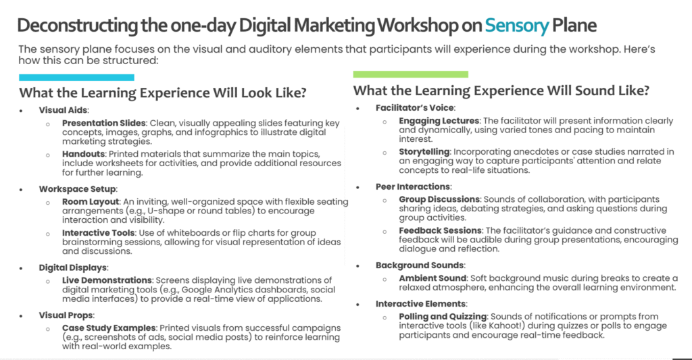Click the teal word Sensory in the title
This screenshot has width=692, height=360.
[517, 26]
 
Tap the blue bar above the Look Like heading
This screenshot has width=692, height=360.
[76, 78]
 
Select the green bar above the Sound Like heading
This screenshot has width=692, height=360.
[410, 74]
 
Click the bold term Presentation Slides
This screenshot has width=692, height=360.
[103, 123]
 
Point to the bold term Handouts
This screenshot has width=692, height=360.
[83, 154]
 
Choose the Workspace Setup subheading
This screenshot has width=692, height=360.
[77, 189]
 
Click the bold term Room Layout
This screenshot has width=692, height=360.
[91, 202]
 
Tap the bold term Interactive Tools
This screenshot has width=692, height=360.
[98, 233]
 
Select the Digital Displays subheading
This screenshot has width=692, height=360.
[73, 267]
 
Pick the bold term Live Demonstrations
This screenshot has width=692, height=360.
[107, 280]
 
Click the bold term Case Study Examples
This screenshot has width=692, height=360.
[109, 328]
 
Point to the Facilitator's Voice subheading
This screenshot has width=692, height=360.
[415, 107]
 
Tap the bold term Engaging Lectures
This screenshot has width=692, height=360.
[439, 121]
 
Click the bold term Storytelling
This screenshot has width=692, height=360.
[424, 152]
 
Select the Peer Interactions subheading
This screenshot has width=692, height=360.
[413, 186]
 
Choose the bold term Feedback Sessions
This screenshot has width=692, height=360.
[440, 231]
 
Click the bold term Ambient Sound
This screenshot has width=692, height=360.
[432, 278]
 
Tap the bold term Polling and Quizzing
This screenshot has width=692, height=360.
[443, 317]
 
